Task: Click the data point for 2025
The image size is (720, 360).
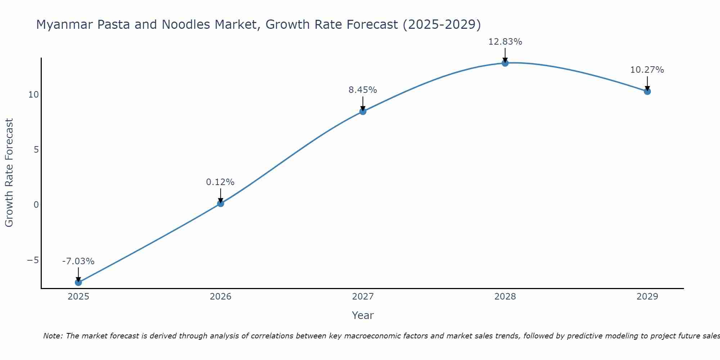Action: tap(78, 282)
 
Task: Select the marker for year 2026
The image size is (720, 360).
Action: tap(221, 203)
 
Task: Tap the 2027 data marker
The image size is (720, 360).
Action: tap(363, 112)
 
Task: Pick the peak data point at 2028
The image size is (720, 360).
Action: tap(505, 63)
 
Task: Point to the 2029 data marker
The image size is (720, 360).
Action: tap(647, 91)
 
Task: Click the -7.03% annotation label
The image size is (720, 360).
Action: tap(78, 261)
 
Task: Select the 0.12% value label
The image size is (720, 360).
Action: tap(220, 182)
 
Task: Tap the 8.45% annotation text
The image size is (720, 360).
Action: tap(363, 90)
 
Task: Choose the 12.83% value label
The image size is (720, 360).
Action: tap(505, 42)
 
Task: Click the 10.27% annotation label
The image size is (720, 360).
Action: tap(647, 70)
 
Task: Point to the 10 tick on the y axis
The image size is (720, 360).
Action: tap(33, 95)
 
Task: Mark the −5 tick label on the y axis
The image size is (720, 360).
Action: tap(33, 260)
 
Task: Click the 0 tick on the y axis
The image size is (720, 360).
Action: tap(36, 205)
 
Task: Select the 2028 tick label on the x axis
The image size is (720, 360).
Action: tap(505, 297)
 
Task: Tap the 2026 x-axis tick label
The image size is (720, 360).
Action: tap(221, 297)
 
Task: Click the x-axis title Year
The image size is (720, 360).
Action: tap(363, 315)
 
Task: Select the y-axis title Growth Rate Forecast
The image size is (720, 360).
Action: tap(9, 173)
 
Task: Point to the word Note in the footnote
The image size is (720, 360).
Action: tap(53, 336)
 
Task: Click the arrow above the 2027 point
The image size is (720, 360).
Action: tap(363, 104)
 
